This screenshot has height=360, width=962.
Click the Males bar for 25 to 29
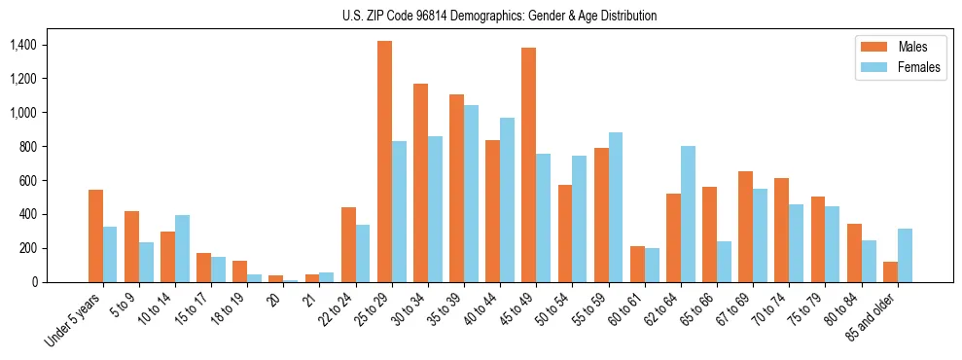tap(384, 162)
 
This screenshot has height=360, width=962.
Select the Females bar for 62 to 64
tap(688, 214)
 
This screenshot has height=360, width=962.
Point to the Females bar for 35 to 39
tap(471, 194)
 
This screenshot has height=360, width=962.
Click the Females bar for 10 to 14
tap(182, 248)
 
